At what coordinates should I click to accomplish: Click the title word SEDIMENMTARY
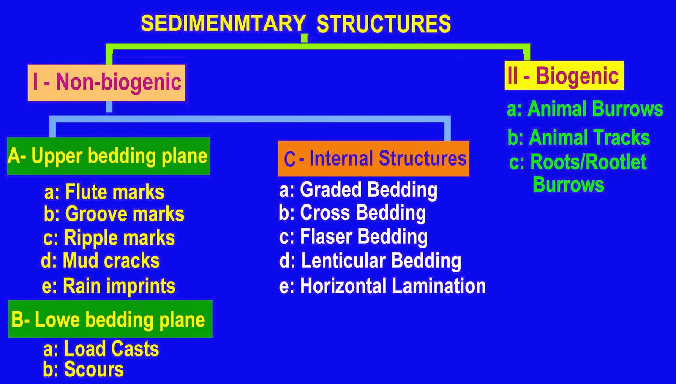click(x=223, y=24)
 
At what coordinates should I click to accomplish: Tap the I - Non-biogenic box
click(x=106, y=83)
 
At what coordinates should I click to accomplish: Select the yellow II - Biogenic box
click(x=564, y=76)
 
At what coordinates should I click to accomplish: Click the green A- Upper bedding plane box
click(x=108, y=156)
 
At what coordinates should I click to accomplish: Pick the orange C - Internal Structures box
click(x=373, y=159)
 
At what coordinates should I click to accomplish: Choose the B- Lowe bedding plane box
click(x=110, y=319)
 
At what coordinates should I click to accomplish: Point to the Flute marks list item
click(x=104, y=192)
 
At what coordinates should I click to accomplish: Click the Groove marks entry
click(x=114, y=214)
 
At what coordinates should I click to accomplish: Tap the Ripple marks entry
click(x=109, y=238)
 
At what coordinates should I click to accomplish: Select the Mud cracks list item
click(x=101, y=261)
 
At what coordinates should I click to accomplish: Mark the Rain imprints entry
click(x=109, y=286)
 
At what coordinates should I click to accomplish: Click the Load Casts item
click(x=101, y=349)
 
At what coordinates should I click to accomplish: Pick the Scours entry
click(x=83, y=370)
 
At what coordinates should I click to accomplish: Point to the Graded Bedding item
click(x=358, y=190)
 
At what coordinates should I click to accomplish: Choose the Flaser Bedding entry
click(x=353, y=237)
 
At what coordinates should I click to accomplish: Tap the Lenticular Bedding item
click(x=370, y=261)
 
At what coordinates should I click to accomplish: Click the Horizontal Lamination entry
click(x=382, y=286)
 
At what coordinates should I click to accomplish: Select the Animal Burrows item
click(x=585, y=109)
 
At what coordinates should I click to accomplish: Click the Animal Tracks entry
click(x=579, y=138)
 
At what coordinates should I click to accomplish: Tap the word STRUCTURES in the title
click(x=384, y=24)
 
